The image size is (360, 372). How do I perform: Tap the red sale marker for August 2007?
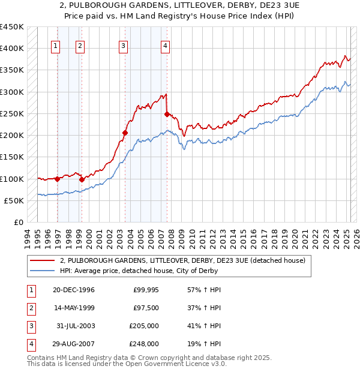tap(167, 114)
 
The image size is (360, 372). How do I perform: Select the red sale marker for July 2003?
tap(125, 133)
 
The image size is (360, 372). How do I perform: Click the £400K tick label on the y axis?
tap(12, 48)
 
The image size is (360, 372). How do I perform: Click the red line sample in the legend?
tap(41, 260)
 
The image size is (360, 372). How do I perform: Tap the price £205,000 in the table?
tap(145, 326)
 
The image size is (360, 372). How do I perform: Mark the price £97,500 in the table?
tap(146, 308)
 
